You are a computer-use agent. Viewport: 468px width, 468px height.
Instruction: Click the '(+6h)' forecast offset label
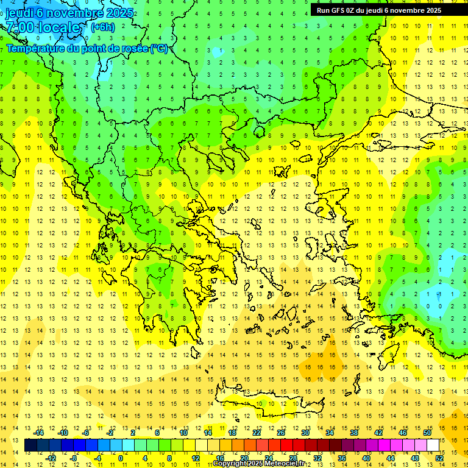point(102,27)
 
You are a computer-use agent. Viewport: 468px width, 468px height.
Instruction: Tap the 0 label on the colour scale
point(120,458)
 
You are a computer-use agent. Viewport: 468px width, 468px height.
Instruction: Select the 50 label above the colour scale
point(427,433)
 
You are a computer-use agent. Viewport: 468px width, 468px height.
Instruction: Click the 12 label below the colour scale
point(196,458)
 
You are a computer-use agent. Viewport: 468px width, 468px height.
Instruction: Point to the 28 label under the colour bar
point(293,458)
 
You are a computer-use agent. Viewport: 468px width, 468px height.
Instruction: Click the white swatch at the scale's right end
point(433,445)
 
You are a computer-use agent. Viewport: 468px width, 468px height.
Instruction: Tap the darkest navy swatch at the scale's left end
point(30,445)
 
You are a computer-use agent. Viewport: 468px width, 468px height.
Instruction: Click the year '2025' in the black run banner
point(433,10)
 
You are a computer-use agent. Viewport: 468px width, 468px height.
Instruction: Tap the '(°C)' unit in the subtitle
point(159,48)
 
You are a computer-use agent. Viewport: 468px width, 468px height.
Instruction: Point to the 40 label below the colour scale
point(366,458)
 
